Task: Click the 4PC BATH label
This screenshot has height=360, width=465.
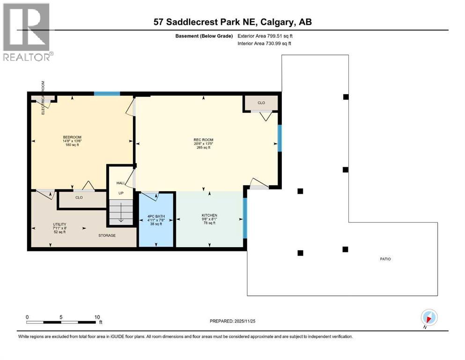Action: [156, 216]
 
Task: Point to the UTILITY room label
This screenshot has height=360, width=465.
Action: [59, 225]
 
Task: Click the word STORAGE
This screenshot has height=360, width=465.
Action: [107, 235]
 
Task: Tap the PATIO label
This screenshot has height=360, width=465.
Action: [385, 259]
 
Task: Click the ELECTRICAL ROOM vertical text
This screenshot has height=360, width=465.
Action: [43, 98]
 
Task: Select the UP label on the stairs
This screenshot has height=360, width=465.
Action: [120, 193]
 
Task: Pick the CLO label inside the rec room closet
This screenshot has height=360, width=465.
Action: [261, 103]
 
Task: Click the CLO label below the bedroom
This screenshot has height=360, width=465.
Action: [79, 197]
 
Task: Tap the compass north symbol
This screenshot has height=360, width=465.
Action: [429, 317]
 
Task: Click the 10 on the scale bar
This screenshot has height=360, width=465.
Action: [97, 316]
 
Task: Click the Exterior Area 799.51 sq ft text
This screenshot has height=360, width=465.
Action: [267, 36]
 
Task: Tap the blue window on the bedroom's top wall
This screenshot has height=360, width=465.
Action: [107, 94]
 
